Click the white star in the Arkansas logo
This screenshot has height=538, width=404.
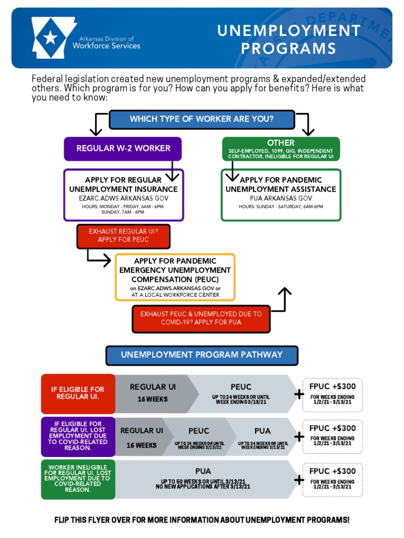pyautogui.click(x=50, y=37)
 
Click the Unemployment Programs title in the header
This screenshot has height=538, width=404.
pyautogui.click(x=289, y=39)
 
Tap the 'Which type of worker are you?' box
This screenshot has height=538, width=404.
pyautogui.click(x=201, y=119)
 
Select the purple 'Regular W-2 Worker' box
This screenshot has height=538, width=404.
pyautogui.click(x=123, y=149)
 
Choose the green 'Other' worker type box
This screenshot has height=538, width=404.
pyautogui.click(x=281, y=149)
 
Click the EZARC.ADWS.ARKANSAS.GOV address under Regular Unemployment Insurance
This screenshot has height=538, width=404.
pyautogui.click(x=123, y=198)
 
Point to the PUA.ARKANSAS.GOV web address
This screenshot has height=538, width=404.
pyautogui.click(x=281, y=198)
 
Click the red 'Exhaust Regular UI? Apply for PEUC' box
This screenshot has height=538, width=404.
pyautogui.click(x=123, y=235)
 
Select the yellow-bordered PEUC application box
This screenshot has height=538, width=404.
pyautogui.click(x=175, y=277)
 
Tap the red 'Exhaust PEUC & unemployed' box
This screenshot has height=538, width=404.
pyautogui.click(x=201, y=318)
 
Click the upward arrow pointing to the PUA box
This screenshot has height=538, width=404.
pyautogui.click(x=284, y=297)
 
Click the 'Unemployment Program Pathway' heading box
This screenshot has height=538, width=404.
pyautogui.click(x=201, y=355)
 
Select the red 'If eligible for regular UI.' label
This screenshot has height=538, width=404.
pyautogui.click(x=78, y=393)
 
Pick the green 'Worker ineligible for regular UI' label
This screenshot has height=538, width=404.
pyautogui.click(x=78, y=479)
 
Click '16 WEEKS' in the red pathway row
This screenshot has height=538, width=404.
pyautogui.click(x=153, y=399)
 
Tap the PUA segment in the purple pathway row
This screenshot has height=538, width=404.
pyautogui.click(x=262, y=436)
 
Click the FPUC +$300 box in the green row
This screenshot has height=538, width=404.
pyautogui.click(x=332, y=479)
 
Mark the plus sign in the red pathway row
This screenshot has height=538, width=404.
pyautogui.click(x=299, y=394)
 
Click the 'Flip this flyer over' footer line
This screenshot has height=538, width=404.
pyautogui.click(x=201, y=520)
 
